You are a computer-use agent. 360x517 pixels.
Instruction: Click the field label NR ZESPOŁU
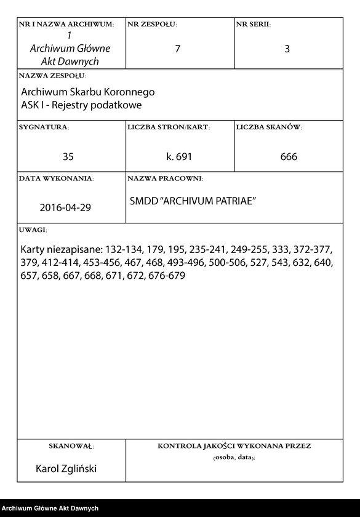(x=151, y=24)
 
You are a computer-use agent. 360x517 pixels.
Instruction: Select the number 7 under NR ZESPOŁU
(x=178, y=49)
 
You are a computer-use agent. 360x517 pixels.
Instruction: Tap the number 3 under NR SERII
(x=287, y=49)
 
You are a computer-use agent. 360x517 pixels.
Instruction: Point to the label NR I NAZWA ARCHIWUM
(x=66, y=24)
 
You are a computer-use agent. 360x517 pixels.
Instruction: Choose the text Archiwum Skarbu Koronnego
(x=87, y=92)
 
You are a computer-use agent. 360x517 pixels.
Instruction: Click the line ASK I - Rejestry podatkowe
(x=81, y=105)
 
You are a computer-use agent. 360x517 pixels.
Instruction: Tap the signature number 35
(x=68, y=157)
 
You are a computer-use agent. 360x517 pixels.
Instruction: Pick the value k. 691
(x=179, y=157)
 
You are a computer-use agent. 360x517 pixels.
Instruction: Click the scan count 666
(x=289, y=157)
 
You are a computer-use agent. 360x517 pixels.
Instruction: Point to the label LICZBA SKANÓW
(x=268, y=127)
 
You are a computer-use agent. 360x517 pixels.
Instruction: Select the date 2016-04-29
(x=65, y=207)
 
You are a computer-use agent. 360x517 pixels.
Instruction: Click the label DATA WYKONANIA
(x=56, y=178)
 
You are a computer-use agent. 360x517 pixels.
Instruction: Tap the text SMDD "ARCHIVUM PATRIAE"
(x=193, y=201)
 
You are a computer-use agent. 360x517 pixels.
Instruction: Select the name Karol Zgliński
(x=66, y=468)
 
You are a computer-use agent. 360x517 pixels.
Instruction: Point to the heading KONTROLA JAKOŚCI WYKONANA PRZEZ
(x=234, y=446)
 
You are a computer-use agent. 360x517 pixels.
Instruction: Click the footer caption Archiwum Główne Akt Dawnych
(x=50, y=508)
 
